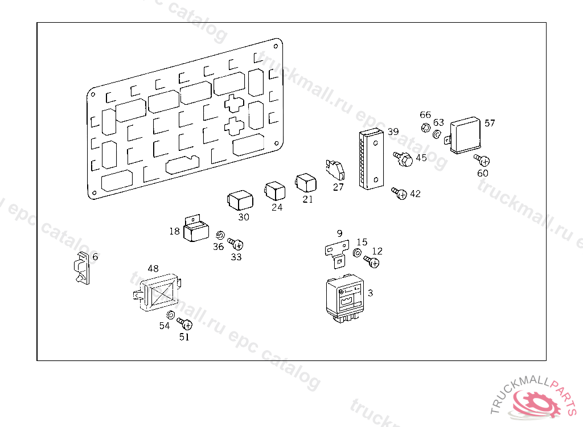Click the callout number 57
coord(490,123)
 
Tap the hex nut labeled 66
coord(425,128)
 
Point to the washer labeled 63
coord(437,135)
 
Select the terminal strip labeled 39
coord(371,159)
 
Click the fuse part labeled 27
coord(336,169)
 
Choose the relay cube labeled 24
coord(274,191)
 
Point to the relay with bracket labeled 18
coord(196,231)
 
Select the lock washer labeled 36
coord(220,236)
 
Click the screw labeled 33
coord(236,244)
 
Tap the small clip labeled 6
coord(81,268)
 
